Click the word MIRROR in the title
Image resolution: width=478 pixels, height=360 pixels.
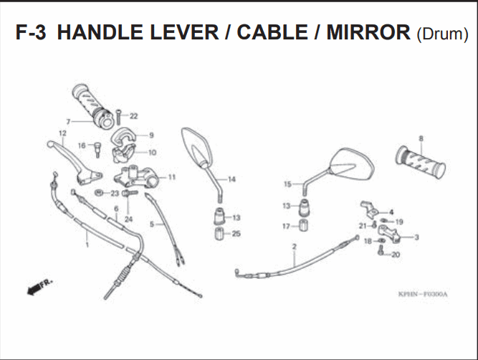click(368, 32)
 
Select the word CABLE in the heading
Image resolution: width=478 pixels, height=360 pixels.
click(272, 32)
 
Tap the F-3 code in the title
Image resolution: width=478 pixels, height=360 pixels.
click(31, 32)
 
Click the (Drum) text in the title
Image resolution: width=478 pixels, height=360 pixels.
click(442, 34)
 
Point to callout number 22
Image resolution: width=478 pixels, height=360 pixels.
click(133, 116)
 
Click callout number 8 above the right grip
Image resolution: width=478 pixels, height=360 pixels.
click(421, 138)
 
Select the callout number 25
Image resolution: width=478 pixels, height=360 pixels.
click(236, 234)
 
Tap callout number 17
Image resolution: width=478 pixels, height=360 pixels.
click(286, 227)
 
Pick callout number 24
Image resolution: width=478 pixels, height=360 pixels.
click(129, 219)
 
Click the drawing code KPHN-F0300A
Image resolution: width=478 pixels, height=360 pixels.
click(423, 295)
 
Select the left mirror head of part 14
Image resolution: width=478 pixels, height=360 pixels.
click(197, 147)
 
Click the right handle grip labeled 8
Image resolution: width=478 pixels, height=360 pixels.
click(421, 162)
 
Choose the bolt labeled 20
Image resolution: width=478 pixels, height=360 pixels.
click(380, 251)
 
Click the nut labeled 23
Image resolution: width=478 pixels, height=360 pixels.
click(98, 193)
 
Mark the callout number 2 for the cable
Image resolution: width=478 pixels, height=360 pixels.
click(294, 247)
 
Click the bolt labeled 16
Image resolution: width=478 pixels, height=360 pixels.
click(97, 149)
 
